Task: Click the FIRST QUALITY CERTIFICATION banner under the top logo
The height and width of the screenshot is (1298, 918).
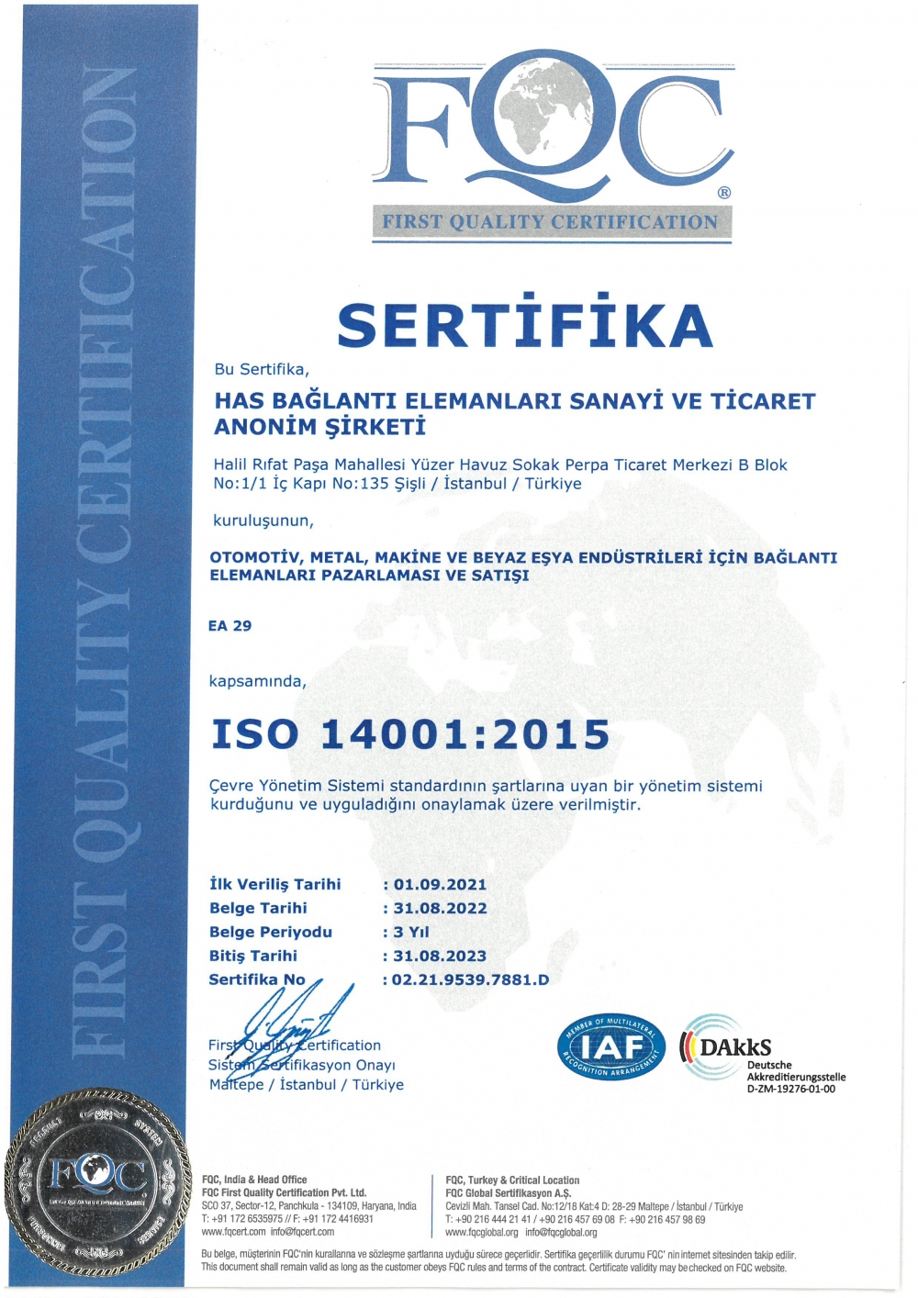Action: pos(551,222)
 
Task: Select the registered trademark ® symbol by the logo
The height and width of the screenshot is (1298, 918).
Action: pos(724,193)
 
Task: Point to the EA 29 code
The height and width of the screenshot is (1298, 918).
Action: pos(229,626)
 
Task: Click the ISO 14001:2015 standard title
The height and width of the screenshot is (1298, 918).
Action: pos(410,734)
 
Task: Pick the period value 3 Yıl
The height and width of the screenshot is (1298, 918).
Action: pos(411,932)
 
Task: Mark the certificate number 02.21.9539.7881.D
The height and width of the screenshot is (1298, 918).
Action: pos(470,979)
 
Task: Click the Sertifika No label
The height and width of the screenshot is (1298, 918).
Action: pos(257,979)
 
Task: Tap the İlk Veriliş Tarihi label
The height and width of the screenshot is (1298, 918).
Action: pos(274,884)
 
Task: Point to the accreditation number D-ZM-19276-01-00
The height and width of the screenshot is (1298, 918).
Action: pos(791,1090)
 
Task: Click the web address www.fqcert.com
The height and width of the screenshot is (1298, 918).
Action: pos(233,1232)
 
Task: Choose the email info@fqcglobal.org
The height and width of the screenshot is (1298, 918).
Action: pos(561,1233)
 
